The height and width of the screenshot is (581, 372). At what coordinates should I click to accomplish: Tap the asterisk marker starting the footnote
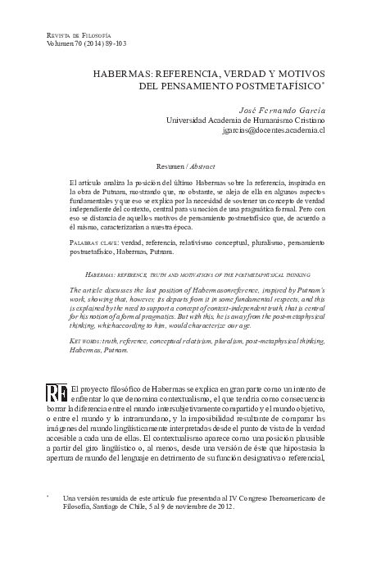48,497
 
